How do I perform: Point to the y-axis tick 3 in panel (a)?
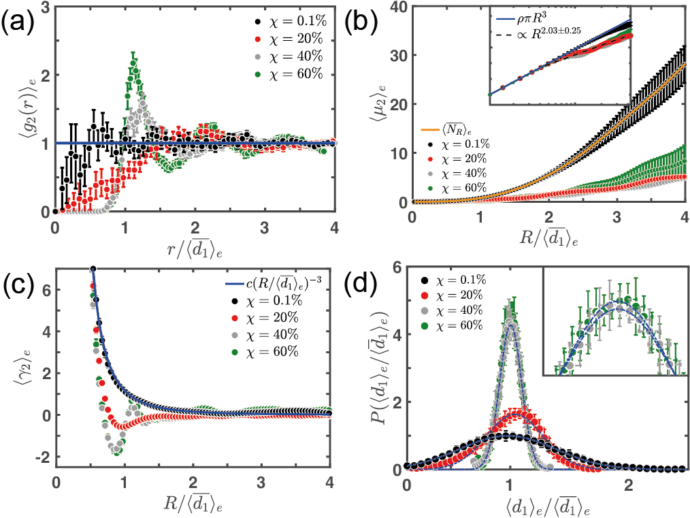(x=44, y=7)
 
